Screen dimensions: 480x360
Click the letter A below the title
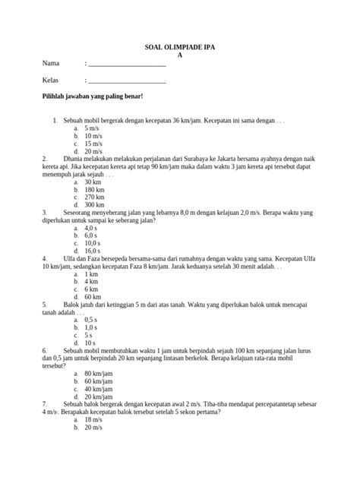pos(180,56)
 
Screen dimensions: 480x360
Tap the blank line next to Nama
pos(128,65)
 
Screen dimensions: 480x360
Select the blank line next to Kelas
pos(128,81)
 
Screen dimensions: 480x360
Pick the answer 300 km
pos(94,205)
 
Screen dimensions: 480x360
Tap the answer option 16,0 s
pos(93,251)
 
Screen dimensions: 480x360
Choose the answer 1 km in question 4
pos(91,274)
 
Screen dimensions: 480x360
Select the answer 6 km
pos(91,289)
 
